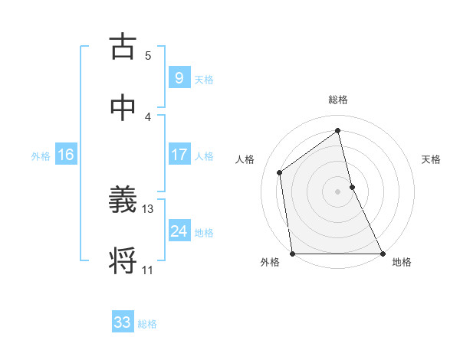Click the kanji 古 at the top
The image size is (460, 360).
(123, 47)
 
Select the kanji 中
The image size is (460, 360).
(123, 108)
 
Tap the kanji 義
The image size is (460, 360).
(123, 201)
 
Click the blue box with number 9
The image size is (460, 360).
(179, 77)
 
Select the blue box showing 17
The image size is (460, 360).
(179, 155)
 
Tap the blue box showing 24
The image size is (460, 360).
(179, 231)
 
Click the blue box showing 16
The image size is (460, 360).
(66, 155)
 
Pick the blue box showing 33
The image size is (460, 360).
(123, 322)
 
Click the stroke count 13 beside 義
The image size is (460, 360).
(148, 208)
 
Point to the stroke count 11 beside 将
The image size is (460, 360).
(148, 270)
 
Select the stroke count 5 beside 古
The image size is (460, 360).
(148, 55)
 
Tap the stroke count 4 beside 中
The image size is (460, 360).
(148, 116)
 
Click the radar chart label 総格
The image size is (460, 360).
(338, 100)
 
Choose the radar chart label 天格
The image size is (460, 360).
(432, 159)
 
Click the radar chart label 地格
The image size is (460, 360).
(402, 262)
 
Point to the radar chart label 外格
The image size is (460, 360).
(270, 262)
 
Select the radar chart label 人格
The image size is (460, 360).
(245, 159)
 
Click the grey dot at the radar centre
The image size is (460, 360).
(338, 191)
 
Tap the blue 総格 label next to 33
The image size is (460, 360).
(147, 324)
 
